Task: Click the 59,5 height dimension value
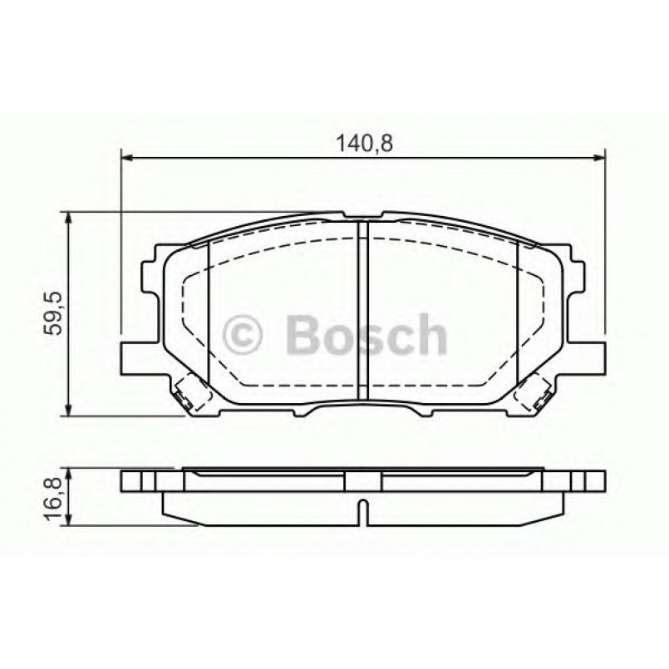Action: click(x=55, y=313)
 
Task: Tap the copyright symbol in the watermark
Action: click(x=244, y=334)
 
